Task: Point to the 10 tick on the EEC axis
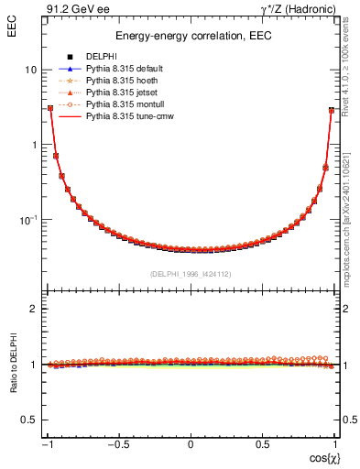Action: pos(30,70)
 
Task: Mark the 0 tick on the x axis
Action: pos(191,444)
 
